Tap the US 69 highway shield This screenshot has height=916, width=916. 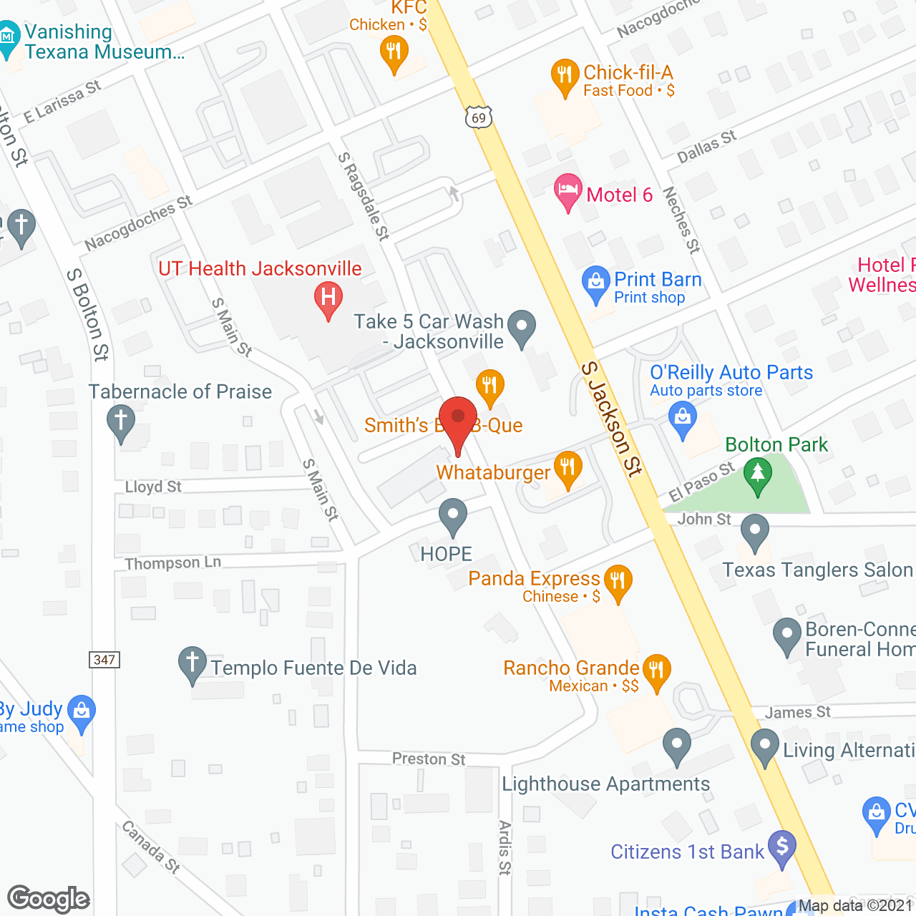point(479,117)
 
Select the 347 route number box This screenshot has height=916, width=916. point(104,660)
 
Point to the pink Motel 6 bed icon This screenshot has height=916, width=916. point(567,191)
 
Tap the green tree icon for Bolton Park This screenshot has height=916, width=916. point(757,474)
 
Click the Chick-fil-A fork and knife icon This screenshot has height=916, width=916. point(565,75)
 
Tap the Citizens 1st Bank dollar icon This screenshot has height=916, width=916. point(782,847)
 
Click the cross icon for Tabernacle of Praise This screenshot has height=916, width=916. point(120,421)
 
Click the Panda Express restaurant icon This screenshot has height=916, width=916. point(618,580)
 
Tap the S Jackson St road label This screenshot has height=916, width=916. point(611,419)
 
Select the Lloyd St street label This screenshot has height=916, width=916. point(153,487)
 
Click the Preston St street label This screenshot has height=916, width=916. point(429,759)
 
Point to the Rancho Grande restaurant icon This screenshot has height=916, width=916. point(656,671)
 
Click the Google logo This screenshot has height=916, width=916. point(49,899)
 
